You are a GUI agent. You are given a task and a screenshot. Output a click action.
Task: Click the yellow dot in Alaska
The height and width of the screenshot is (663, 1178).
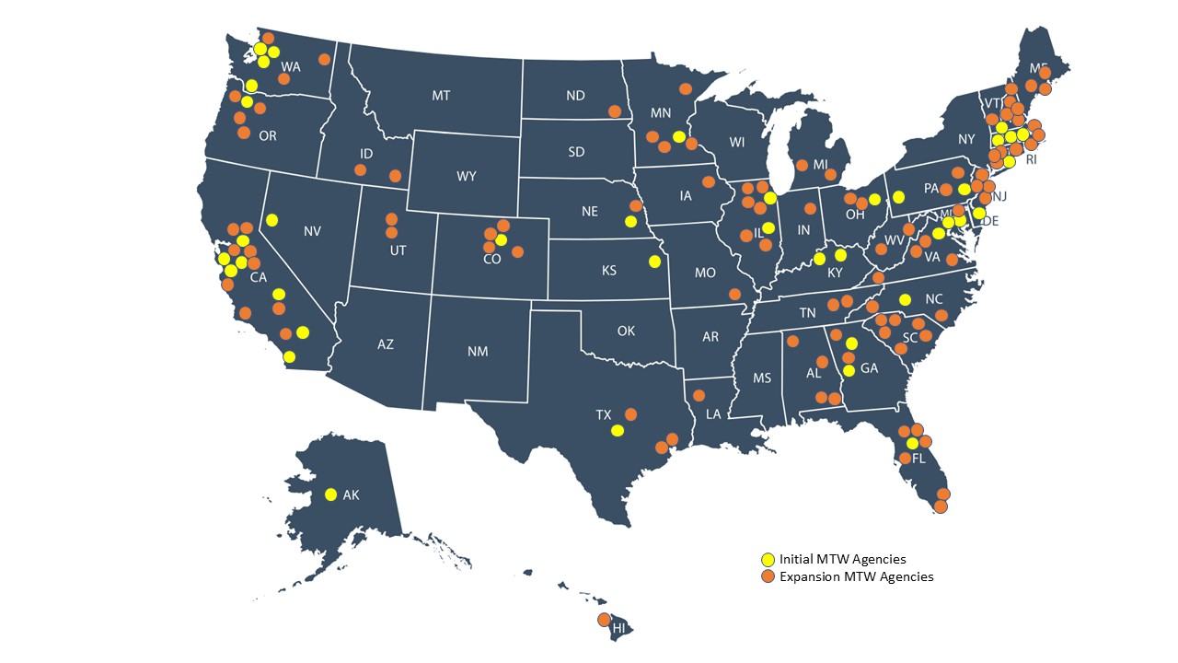pos(330,494)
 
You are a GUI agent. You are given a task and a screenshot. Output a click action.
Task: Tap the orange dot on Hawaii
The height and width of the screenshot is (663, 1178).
pos(604,619)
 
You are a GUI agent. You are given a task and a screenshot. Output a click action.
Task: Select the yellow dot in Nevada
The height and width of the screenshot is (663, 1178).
pos(272,220)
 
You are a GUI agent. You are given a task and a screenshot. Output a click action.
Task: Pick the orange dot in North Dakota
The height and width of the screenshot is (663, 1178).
pos(614,111)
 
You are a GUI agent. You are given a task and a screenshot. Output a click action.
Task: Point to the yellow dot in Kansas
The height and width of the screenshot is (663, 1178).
pos(653,261)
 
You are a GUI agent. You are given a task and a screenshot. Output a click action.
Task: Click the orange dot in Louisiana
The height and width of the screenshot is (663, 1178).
pos(699,396)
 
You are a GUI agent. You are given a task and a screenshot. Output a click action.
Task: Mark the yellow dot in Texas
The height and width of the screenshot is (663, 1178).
pos(618,430)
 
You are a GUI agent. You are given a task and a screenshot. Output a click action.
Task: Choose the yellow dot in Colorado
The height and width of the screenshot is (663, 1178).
pos(501,239)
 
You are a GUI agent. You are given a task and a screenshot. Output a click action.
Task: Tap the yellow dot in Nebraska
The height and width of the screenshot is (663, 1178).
pos(630,221)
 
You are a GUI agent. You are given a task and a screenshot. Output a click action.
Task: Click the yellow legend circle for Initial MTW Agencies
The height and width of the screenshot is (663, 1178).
pos(767,559)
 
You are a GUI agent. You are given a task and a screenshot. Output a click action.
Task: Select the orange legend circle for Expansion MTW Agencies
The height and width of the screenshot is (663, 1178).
pos(767,576)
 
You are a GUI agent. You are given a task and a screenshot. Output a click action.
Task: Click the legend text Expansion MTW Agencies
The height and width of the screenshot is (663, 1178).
pos(856,576)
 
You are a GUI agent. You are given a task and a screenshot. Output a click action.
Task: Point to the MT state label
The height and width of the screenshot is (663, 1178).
pos(441,95)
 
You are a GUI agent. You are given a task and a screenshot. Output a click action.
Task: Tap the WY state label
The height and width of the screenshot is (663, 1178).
pos(466,176)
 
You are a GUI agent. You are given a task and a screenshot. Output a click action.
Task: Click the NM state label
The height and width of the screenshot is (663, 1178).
pos(478,351)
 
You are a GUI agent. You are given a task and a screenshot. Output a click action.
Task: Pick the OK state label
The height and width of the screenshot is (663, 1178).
pos(627,330)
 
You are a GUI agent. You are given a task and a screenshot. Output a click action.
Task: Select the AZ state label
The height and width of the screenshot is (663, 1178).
pos(386,344)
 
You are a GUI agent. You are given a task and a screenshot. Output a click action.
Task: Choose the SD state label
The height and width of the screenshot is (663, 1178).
pos(576,152)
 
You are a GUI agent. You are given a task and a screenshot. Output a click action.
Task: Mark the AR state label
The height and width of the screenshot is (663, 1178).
pos(710,337)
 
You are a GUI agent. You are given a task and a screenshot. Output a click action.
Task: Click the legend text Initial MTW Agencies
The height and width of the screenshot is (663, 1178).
pos(842,559)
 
